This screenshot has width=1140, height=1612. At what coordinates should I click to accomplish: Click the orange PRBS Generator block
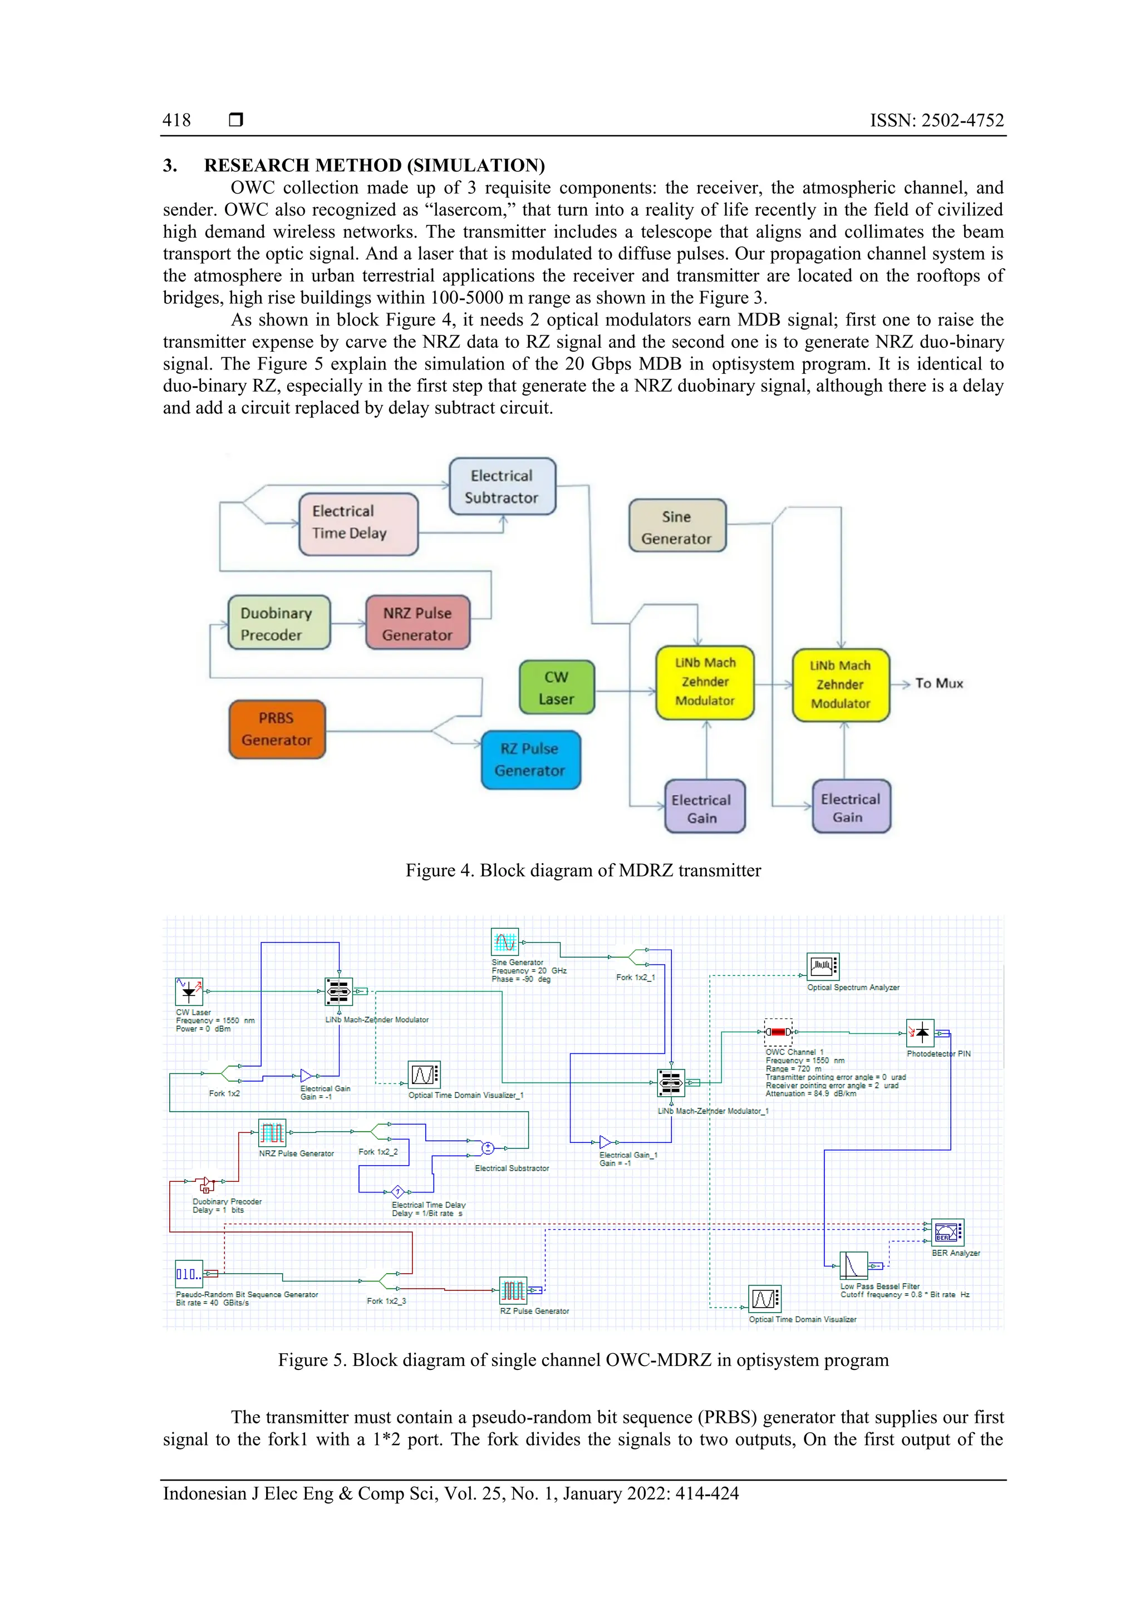pos(277,729)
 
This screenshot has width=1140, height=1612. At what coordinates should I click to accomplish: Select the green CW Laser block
pos(556,687)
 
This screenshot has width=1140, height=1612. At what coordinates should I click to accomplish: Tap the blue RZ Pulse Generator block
pos(530,760)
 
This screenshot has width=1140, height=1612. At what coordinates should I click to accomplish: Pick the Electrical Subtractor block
pos(502,486)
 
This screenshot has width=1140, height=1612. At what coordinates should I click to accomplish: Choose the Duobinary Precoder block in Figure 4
pos(278,623)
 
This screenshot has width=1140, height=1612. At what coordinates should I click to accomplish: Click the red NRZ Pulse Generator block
pos(417,623)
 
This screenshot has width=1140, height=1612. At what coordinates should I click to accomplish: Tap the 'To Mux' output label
pos(938,683)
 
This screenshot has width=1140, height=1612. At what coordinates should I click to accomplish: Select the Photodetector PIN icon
pos(920,1033)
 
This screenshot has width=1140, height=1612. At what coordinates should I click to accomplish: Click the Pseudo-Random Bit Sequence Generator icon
pos(188,1273)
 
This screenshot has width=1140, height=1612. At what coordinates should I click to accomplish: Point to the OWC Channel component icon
pos(778,1032)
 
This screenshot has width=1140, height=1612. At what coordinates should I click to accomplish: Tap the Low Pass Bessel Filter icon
pos(853,1265)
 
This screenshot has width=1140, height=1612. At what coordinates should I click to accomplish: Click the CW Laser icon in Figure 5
pos(188,992)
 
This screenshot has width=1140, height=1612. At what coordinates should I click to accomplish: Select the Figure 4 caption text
pos(583,871)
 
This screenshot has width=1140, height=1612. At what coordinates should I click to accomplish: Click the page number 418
pos(176,120)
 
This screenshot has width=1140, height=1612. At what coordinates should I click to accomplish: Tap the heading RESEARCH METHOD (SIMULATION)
pos(374,165)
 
